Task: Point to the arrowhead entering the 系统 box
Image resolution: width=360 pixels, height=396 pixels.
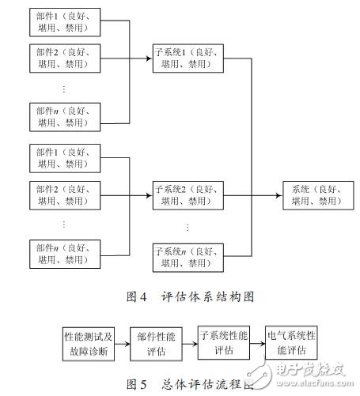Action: pos(279,195)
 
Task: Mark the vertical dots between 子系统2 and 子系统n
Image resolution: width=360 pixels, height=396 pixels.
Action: pos(188,227)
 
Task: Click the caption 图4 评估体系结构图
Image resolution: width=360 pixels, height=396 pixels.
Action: pos(180,297)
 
